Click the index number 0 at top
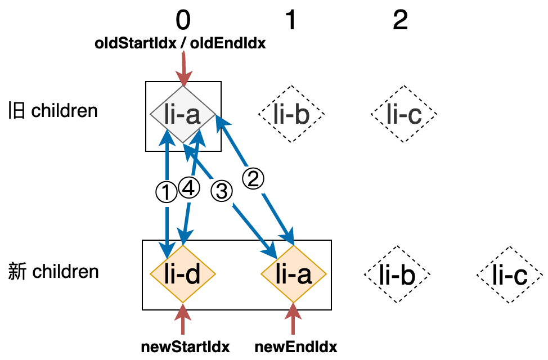(183, 21)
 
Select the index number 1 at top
(290, 21)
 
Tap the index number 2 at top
(400, 21)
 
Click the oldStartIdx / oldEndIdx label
(180, 44)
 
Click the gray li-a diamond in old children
(183, 115)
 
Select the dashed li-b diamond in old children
(291, 115)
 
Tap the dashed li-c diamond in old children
(404, 115)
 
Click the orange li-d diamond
(183, 275)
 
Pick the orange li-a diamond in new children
(294, 275)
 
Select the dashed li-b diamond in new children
(397, 275)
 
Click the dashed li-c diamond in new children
(510, 275)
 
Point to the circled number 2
(253, 179)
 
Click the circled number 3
(221, 191)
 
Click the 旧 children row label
(53, 110)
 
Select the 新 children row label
(53, 272)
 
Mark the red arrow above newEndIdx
(293, 321)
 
